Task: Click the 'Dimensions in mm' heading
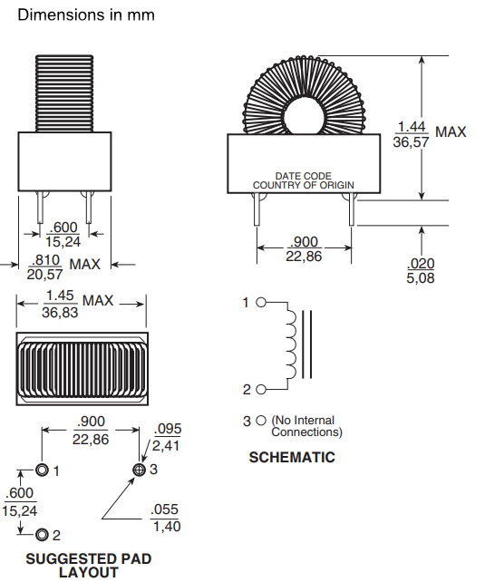[86, 15]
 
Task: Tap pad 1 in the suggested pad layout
[42, 470]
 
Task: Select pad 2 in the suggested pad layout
[42, 535]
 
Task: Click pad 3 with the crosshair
[140, 470]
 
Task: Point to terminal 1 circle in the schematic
[261, 303]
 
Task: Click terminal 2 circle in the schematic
[261, 390]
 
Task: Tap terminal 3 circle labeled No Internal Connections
[261, 421]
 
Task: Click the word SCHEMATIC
[292, 457]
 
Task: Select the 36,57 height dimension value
[411, 142]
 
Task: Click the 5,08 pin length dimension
[421, 278]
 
